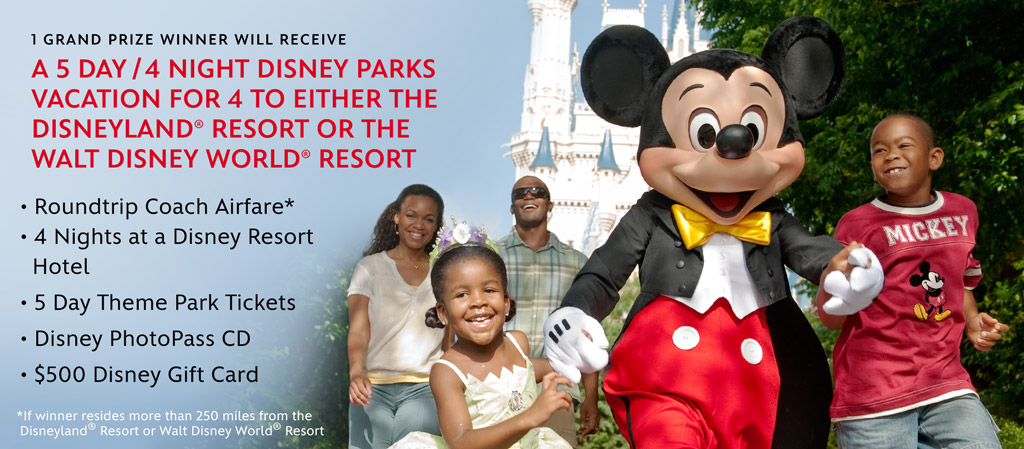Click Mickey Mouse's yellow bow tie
click(721, 227)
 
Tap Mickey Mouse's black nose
click(734, 140)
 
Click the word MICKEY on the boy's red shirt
click(926, 229)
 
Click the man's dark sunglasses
click(530, 193)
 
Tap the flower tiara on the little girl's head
click(463, 236)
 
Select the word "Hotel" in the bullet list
click(61, 266)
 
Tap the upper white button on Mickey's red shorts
click(686, 337)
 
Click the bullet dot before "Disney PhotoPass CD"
click(24, 340)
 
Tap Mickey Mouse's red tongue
click(725, 201)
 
